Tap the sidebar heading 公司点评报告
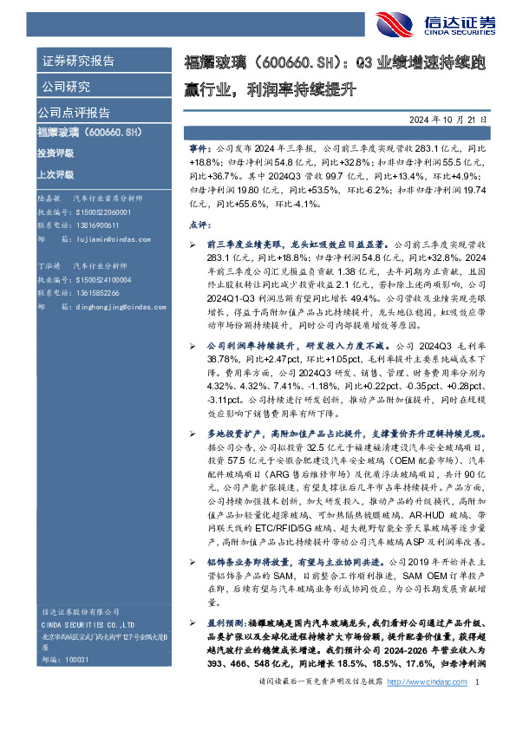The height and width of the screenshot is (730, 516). (73, 112)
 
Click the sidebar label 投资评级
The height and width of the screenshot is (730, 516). (56, 153)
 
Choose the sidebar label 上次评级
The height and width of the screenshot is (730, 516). (56, 173)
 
